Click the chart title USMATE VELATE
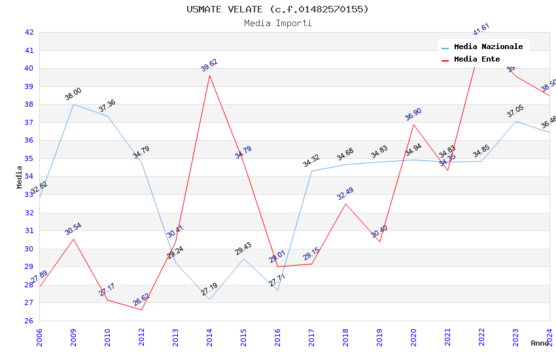277,9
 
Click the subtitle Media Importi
278,24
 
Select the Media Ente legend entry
477,60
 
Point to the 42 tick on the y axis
29,33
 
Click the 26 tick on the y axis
29,321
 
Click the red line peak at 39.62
210,75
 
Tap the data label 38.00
73,94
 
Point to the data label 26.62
141,300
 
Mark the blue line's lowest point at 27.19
210,299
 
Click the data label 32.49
345,194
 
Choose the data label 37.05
515,111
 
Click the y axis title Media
20,177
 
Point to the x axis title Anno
540,343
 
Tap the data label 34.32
311,161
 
